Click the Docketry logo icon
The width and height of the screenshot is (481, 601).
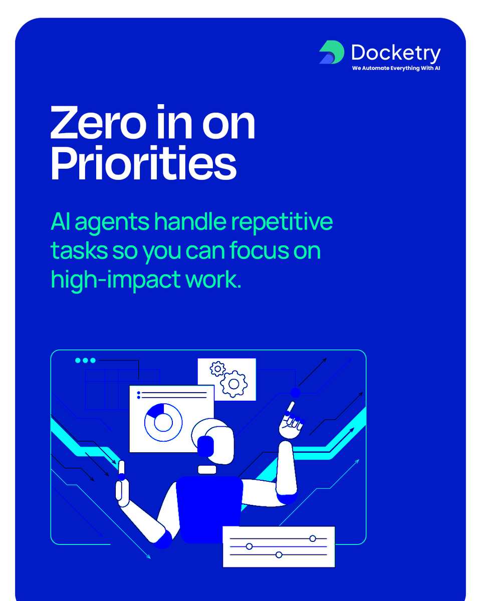[331, 53]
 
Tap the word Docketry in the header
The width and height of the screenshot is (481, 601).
[396, 53]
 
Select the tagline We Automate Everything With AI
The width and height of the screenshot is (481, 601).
[396, 68]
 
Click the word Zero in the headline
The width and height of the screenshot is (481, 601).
[96, 123]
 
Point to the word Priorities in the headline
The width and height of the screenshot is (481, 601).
[143, 164]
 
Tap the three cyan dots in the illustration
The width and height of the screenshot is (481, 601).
[85, 360]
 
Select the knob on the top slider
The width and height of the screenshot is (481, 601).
[313, 538]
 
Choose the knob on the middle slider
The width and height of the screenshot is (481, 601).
[249, 546]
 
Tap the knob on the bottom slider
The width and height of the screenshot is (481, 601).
[279, 554]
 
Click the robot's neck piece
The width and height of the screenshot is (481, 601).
[207, 469]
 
